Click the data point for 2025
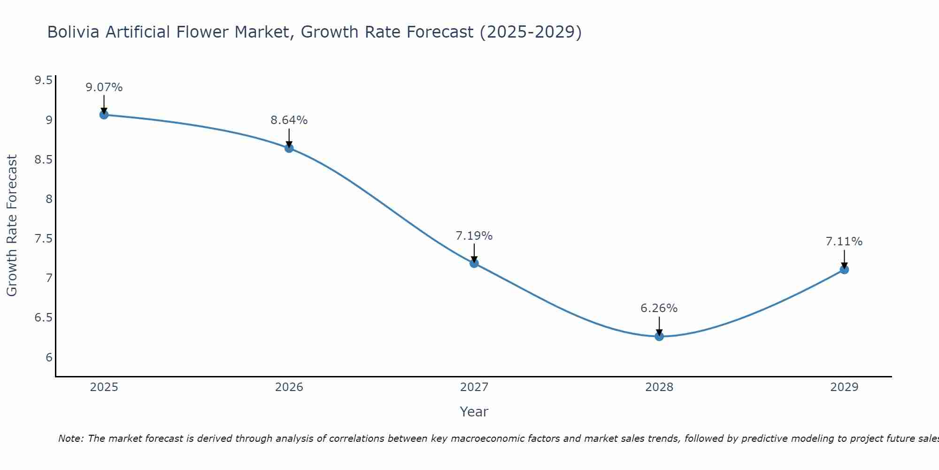[104, 115]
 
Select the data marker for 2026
[289, 148]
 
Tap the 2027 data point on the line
[474, 263]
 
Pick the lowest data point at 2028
[659, 337]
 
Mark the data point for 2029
[844, 269]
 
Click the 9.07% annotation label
[104, 87]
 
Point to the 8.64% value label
[289, 120]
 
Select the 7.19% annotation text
[474, 236]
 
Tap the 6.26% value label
[659, 308]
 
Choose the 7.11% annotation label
[844, 242]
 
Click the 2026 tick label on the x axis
[289, 387]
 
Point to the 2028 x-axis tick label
[659, 387]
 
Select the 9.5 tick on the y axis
[43, 80]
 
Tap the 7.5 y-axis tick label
[43, 239]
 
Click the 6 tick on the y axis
[49, 358]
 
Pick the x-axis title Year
[474, 412]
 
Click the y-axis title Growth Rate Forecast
[12, 226]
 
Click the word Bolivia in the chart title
[73, 32]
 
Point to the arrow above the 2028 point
[659, 325]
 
